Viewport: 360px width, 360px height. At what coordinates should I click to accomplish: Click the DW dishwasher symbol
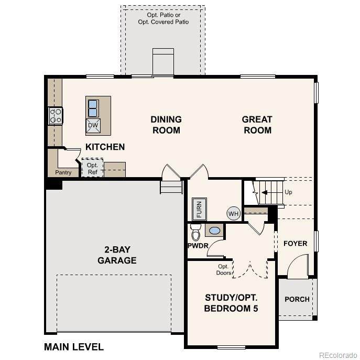[x=93, y=126]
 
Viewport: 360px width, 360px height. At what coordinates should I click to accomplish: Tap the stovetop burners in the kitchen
[x=56, y=116]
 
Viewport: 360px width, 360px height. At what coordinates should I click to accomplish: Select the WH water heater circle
[x=234, y=213]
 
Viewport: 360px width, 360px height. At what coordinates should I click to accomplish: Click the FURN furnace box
[x=199, y=209]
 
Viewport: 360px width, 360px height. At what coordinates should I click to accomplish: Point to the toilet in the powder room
[x=195, y=232]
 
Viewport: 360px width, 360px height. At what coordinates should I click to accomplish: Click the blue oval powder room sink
[x=214, y=231]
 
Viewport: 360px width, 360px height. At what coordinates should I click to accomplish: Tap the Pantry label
[x=63, y=172]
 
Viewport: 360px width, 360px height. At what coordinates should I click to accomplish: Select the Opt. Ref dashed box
[x=92, y=168]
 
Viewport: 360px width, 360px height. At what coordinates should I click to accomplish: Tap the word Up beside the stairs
[x=288, y=192]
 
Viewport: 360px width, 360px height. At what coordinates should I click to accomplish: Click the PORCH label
[x=297, y=299]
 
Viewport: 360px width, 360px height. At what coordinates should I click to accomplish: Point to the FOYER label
[x=295, y=243]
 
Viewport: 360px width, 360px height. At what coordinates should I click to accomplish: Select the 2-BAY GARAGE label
[x=117, y=255]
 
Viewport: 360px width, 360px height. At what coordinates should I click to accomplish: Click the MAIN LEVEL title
[x=74, y=347]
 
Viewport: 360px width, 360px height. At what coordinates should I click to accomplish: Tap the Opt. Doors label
[x=223, y=269]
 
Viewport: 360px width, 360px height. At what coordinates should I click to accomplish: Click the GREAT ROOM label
[x=257, y=125]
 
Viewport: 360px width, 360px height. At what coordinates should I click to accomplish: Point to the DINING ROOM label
[x=166, y=125]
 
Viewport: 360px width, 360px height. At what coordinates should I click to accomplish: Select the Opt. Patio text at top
[x=163, y=15]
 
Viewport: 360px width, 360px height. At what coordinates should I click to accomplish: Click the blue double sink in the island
[x=93, y=108]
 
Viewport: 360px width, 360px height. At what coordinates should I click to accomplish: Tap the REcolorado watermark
[x=339, y=355]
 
